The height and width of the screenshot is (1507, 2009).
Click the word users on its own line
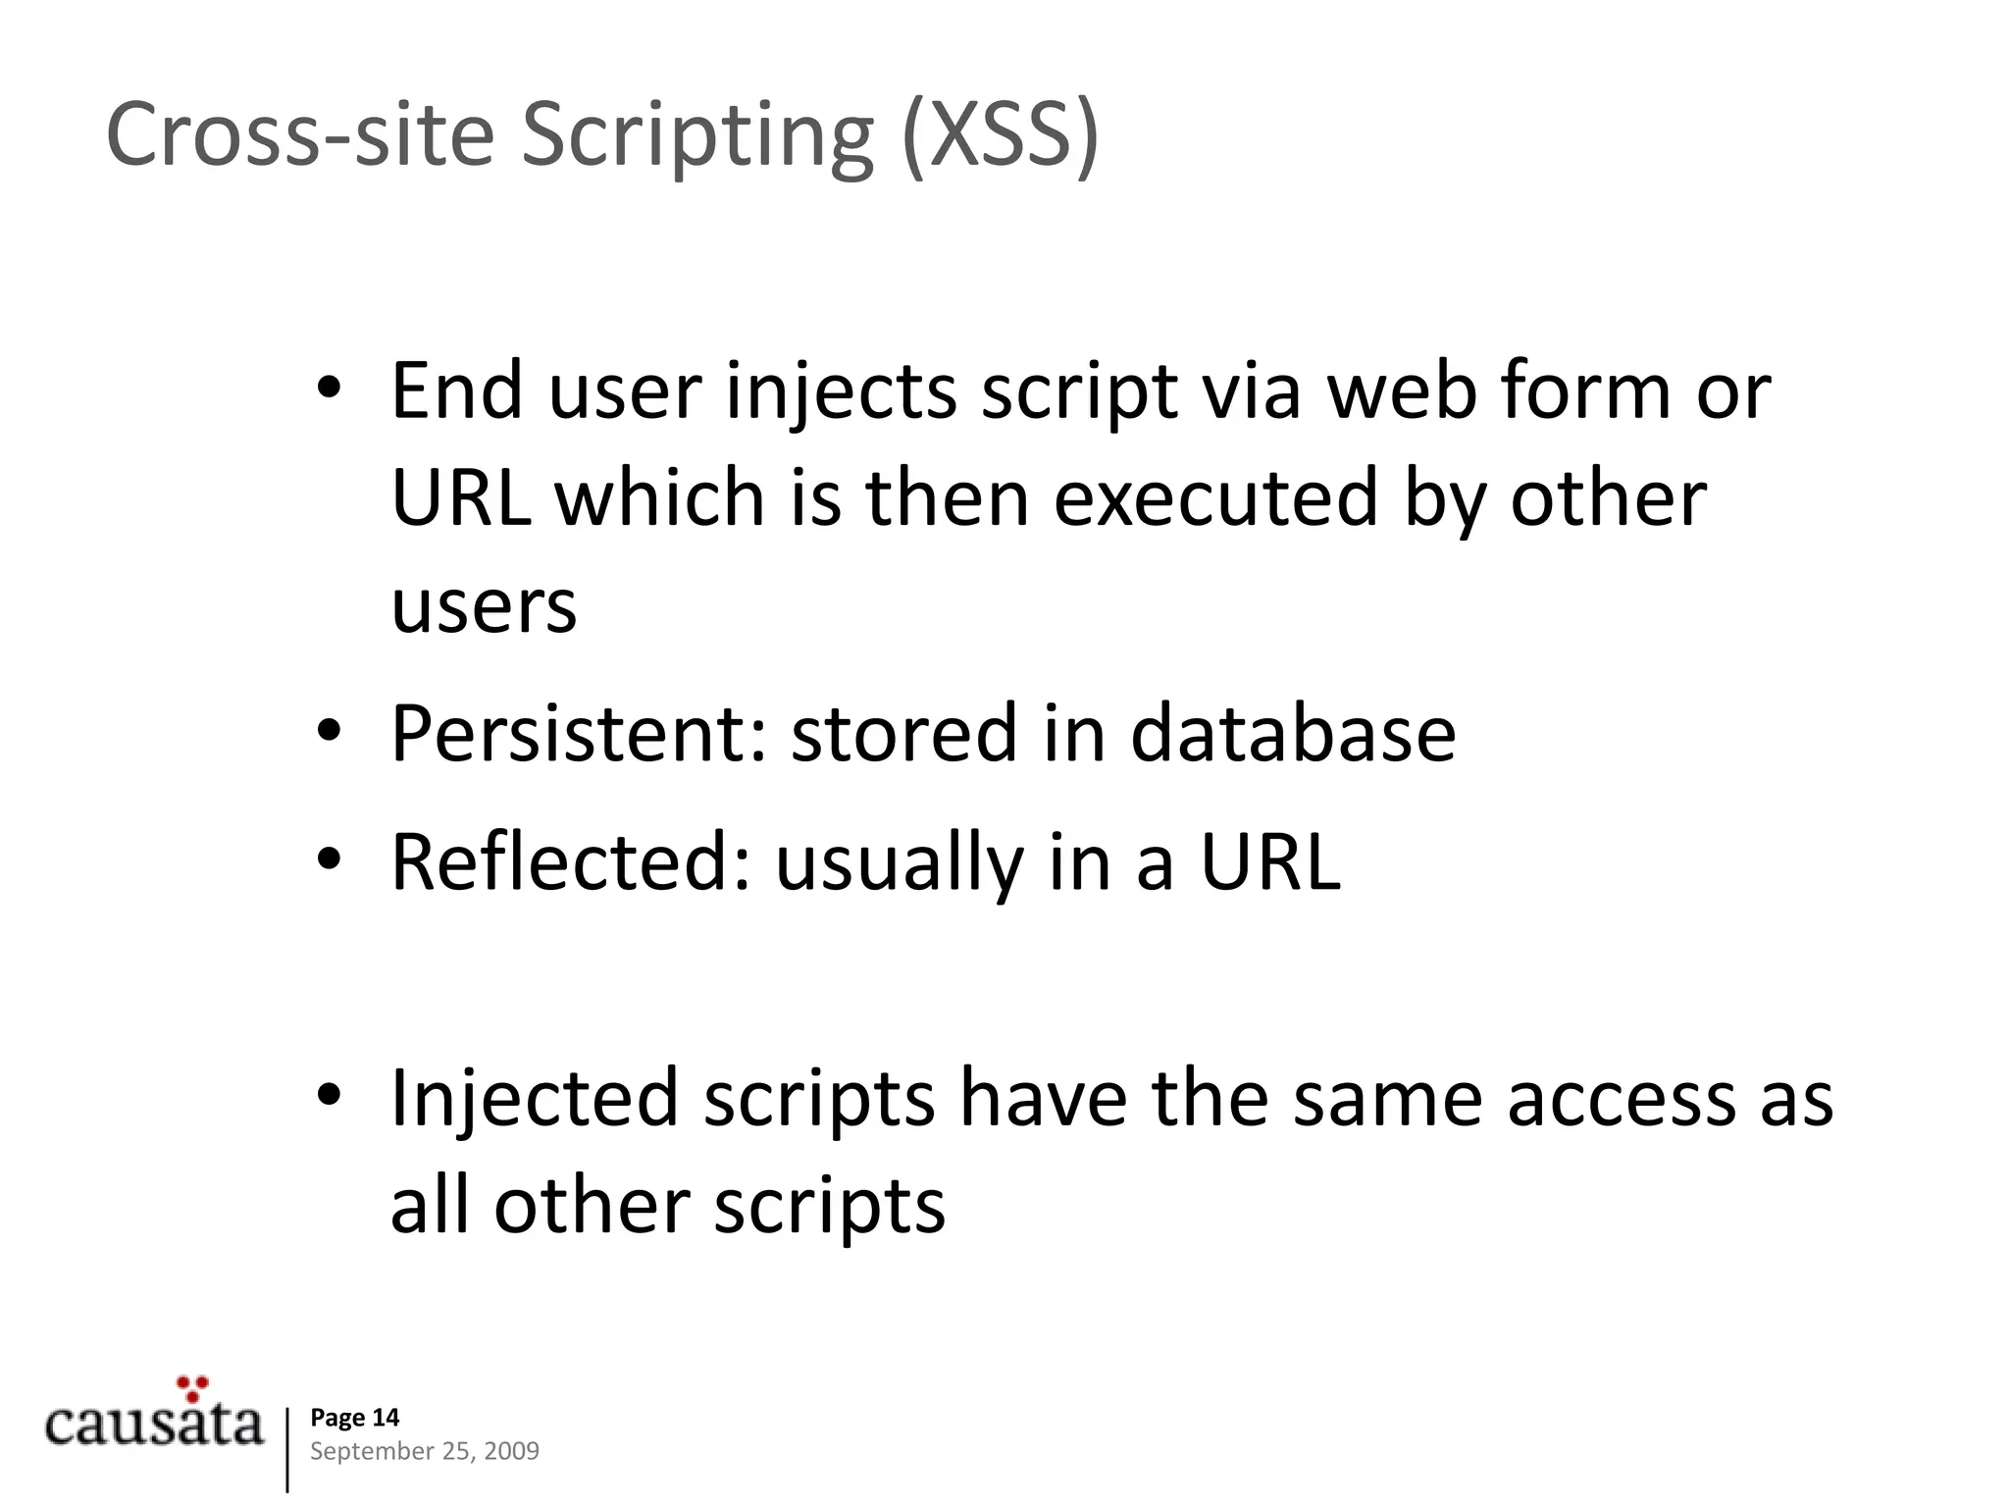click(x=484, y=606)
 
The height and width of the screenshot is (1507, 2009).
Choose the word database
click(x=1292, y=734)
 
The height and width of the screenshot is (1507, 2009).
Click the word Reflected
click(x=570, y=862)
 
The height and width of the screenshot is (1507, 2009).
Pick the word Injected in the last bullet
click(x=535, y=1098)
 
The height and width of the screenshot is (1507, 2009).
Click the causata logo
click(x=154, y=1425)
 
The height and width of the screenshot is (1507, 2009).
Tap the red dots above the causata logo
click(x=192, y=1387)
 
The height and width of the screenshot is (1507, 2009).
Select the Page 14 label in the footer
click(x=354, y=1417)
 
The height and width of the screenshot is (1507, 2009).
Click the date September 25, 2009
click(x=424, y=1451)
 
